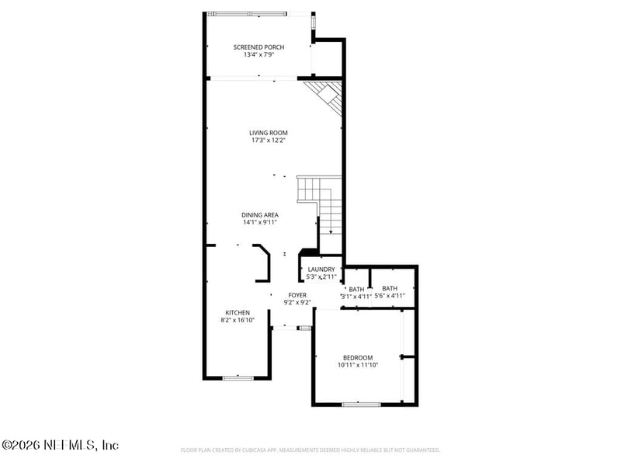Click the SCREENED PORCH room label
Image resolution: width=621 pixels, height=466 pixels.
[258, 47]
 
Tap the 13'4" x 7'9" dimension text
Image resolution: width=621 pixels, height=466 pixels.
[258, 55]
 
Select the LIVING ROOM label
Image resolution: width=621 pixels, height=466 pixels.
[269, 133]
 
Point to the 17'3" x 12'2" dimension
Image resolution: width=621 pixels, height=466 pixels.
[269, 141]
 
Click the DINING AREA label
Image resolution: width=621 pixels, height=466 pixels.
[260, 215]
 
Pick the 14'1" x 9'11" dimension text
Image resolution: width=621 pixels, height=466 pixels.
[260, 223]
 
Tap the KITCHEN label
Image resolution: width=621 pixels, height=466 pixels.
[238, 312]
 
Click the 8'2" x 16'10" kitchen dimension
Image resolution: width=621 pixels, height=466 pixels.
[238, 320]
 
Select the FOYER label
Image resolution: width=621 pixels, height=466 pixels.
[297, 295]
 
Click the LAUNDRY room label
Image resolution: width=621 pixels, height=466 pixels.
[321, 270]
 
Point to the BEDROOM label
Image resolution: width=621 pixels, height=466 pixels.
[358, 357]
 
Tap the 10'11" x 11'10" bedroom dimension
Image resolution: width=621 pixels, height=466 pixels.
[358, 365]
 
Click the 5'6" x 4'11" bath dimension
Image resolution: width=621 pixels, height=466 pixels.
[390, 295]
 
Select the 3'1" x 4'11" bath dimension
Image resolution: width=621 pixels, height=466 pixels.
[356, 296]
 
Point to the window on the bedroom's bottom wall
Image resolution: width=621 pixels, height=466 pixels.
[361, 404]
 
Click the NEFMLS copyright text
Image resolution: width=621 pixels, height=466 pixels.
[60, 445]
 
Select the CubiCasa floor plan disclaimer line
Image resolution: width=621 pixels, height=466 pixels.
[310, 450]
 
